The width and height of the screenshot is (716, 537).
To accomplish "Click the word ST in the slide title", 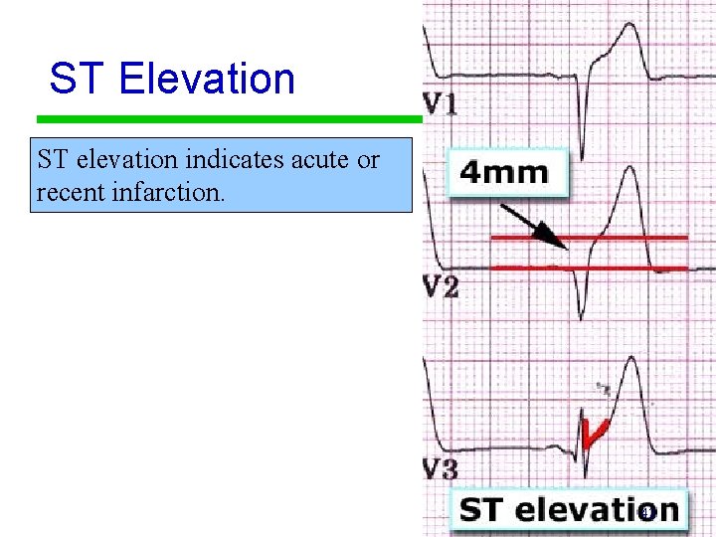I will (76, 79).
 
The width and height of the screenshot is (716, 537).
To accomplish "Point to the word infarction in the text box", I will (169, 191).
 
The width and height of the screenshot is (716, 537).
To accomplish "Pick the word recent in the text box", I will (72, 191).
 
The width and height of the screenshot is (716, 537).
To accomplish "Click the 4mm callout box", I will (505, 172).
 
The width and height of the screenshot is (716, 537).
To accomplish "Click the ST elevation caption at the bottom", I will (570, 509).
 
